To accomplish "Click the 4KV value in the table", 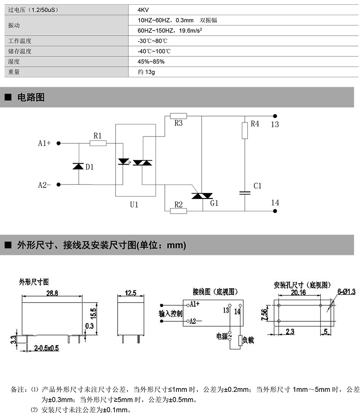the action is tap(143, 10).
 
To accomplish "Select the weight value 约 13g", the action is tap(146, 72).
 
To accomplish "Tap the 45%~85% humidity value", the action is tap(151, 62).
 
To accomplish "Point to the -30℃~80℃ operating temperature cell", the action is tap(152, 41).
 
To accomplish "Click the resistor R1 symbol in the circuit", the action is tap(98, 143).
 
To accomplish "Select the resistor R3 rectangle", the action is tap(178, 116).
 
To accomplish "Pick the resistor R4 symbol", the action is tap(245, 130).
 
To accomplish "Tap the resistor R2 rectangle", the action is tap(178, 211).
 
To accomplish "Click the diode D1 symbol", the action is tap(78, 166).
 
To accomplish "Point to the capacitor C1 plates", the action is tap(245, 193).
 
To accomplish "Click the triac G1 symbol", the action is tap(202, 196).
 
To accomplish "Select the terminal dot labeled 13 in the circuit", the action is tap(275, 116).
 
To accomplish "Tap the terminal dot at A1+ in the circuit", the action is tap(58, 143).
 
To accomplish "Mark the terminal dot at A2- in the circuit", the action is tap(58, 184).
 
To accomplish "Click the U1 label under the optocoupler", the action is tap(134, 204).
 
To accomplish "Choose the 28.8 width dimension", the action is tap(52, 293).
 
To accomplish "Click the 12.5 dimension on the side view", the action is tap(131, 293).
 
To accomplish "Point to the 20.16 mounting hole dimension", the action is tap(298, 293).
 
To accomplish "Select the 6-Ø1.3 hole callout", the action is tap(346, 292).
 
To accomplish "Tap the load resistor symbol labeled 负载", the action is tap(240, 341).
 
